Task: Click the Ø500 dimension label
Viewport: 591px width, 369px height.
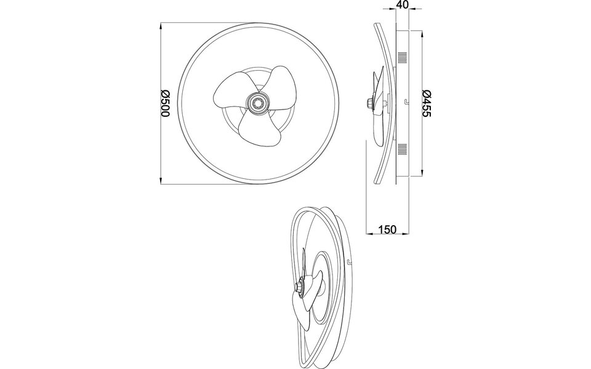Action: pos(165,103)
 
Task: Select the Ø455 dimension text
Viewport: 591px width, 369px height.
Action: pos(427,103)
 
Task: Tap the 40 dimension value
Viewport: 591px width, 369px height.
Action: pos(403,6)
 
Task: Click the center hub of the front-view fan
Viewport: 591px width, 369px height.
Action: pos(256,102)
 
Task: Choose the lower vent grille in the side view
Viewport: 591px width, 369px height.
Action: pos(403,148)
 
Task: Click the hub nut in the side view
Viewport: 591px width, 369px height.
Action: pos(369,103)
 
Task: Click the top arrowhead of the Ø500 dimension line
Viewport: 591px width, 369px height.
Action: pos(161,26)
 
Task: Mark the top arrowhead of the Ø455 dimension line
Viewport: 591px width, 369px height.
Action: pos(422,33)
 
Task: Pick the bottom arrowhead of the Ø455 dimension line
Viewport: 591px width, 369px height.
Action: pos(422,174)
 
